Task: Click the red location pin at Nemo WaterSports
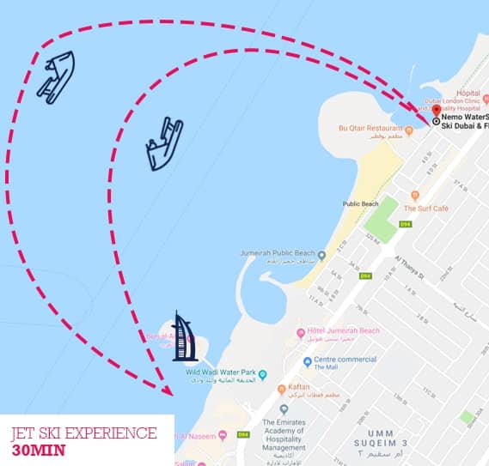point(436,111)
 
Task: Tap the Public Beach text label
point(360,204)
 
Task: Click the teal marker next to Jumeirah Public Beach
point(321,255)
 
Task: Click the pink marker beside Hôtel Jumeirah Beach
point(301,332)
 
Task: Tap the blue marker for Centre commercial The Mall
point(308,362)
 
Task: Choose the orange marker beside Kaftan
point(282,389)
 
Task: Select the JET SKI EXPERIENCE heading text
point(84,433)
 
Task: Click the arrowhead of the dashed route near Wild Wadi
point(168,389)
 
